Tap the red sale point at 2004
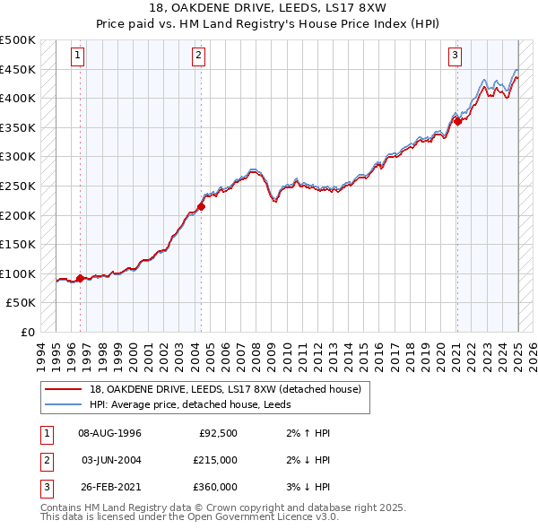click(x=201, y=206)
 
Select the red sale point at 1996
click(x=80, y=278)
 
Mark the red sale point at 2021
click(x=457, y=122)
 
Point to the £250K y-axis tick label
click(x=18, y=186)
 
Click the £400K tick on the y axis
click(x=18, y=98)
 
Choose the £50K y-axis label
click(x=22, y=303)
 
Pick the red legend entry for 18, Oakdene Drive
click(x=225, y=389)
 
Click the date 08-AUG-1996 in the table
click(x=110, y=433)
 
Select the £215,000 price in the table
click(x=215, y=460)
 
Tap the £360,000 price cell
click(x=215, y=487)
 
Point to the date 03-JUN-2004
click(x=110, y=460)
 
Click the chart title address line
click(x=268, y=11)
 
